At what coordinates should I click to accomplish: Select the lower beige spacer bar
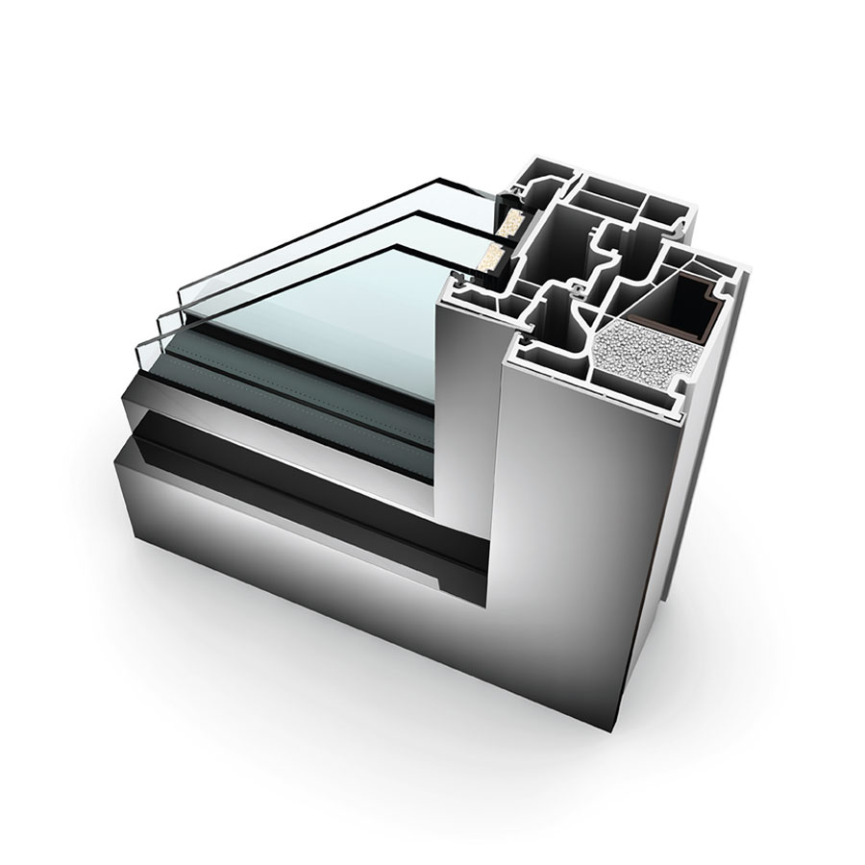pyautogui.click(x=493, y=257)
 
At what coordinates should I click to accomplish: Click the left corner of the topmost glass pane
pyautogui.click(x=183, y=290)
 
